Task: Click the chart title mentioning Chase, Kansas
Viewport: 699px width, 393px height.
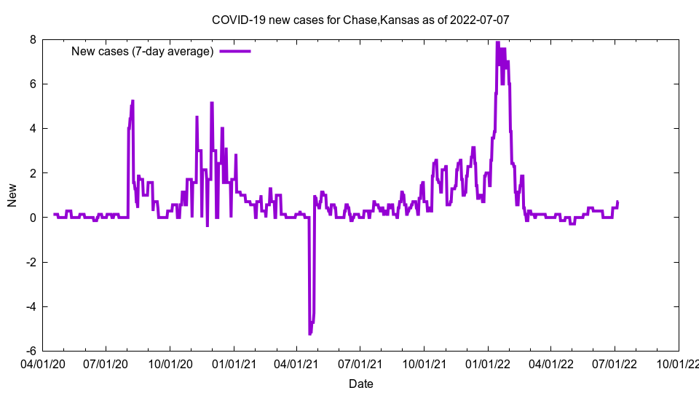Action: tap(360, 20)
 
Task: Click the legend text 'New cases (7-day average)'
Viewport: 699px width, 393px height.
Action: tap(142, 51)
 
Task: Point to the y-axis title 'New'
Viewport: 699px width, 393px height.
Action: tap(12, 194)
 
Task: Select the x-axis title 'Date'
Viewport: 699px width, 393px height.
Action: tap(360, 384)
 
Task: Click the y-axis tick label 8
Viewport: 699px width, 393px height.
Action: tap(33, 39)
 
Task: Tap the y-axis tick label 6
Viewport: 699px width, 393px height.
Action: tap(33, 84)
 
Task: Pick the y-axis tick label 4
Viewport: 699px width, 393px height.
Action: tap(33, 129)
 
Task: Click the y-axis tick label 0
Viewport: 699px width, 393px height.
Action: tap(33, 218)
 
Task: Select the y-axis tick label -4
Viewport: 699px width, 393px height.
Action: tap(31, 306)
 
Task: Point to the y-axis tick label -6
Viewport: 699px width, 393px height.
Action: tap(31, 351)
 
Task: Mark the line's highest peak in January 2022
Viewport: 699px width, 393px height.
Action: tap(497, 42)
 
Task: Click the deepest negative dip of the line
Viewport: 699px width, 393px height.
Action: tap(309, 333)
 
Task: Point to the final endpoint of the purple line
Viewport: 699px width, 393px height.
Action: tap(617, 202)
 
